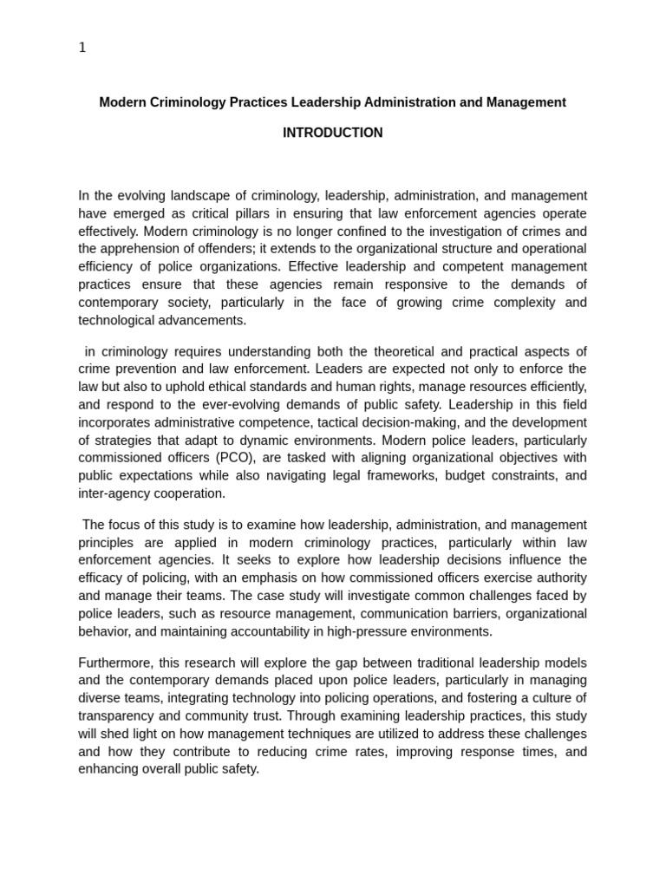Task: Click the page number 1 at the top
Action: tap(82, 48)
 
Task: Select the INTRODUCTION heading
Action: tap(332, 133)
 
